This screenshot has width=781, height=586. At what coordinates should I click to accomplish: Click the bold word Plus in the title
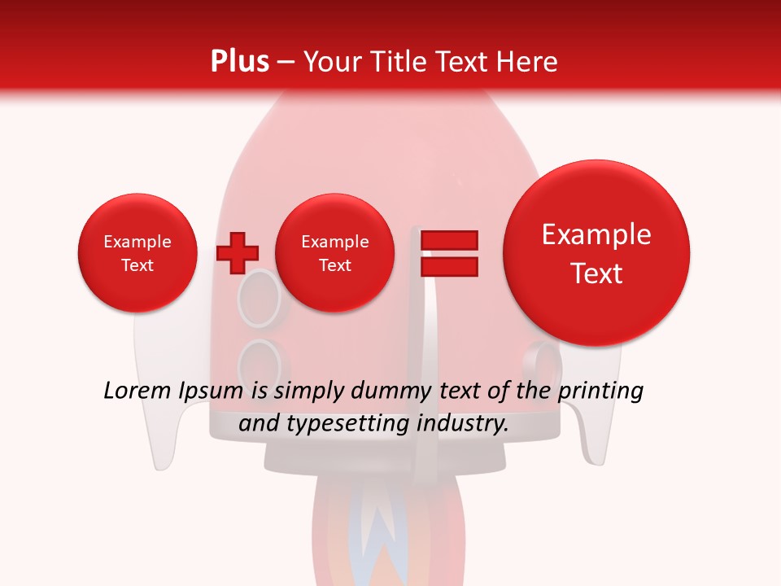pos(239,61)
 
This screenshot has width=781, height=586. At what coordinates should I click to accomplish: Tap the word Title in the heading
pos(399,61)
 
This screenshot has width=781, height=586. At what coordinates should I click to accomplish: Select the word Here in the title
pos(528,61)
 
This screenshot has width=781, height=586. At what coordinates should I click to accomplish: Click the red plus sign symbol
pos(237,253)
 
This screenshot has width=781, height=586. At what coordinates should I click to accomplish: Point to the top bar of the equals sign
pos(448,240)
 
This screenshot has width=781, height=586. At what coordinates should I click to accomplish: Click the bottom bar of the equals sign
pos(448,266)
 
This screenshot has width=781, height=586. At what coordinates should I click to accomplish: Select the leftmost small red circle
pos(137,253)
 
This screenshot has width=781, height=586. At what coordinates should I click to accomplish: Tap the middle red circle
pos(335,253)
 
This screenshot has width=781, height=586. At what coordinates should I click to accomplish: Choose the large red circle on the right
pos(596,253)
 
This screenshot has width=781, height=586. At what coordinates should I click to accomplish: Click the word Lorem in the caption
pos(137,391)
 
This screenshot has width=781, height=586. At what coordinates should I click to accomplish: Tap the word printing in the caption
pos(600,391)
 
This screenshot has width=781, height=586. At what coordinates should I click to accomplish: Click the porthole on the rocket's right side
pos(540,358)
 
